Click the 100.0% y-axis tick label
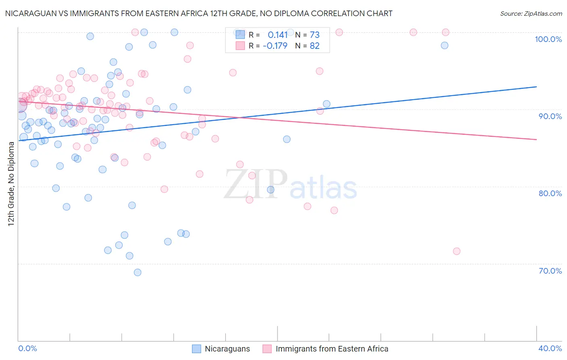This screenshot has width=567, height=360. point(548,39)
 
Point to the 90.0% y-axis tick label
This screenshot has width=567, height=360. point(550,116)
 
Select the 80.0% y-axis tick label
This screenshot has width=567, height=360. point(550,193)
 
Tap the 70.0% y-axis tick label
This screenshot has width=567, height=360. point(550,271)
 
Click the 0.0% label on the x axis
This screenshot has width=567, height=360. point(27,348)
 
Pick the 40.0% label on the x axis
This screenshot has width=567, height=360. point(550,348)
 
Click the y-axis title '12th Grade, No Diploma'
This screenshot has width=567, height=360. point(11,184)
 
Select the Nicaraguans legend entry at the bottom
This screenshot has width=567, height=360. point(227,349)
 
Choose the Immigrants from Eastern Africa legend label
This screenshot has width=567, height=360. point(331,349)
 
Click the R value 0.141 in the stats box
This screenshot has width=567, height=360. point(277,35)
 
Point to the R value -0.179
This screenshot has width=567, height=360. point(275,46)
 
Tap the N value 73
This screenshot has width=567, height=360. point(315,35)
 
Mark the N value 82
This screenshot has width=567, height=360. point(315,46)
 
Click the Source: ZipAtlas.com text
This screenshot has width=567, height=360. point(531,14)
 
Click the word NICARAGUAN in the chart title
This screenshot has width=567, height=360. point(32,14)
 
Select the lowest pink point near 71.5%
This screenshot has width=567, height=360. point(457,251)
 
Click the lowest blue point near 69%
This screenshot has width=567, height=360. point(138,272)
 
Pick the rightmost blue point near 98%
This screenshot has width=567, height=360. point(444,45)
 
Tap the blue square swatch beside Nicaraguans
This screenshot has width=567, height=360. point(196,349)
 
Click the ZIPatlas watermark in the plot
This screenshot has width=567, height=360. point(290,185)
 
